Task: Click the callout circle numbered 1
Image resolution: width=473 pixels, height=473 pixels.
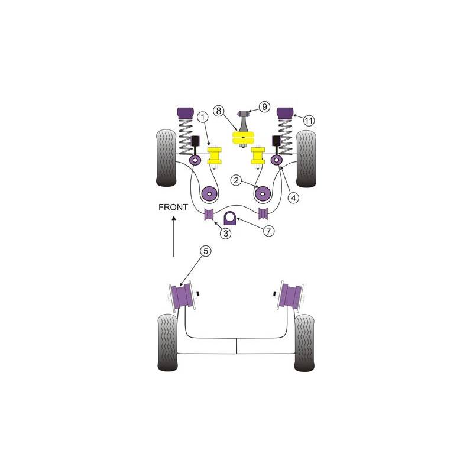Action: coord(203,116)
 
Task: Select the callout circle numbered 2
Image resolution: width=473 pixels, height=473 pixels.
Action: coord(236,181)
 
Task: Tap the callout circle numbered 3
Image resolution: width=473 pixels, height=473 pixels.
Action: coord(226,233)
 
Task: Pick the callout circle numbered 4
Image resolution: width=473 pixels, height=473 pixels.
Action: coord(293,198)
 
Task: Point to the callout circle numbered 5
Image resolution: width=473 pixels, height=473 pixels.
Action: coord(205,251)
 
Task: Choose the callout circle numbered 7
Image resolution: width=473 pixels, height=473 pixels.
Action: coord(268,231)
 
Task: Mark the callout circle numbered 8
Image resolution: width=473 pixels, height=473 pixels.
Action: coord(219,111)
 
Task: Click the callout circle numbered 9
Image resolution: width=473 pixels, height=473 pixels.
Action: coord(264,106)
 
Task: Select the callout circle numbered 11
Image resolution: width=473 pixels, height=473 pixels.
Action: coord(308,121)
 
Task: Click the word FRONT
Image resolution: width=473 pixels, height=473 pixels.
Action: coord(173,208)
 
